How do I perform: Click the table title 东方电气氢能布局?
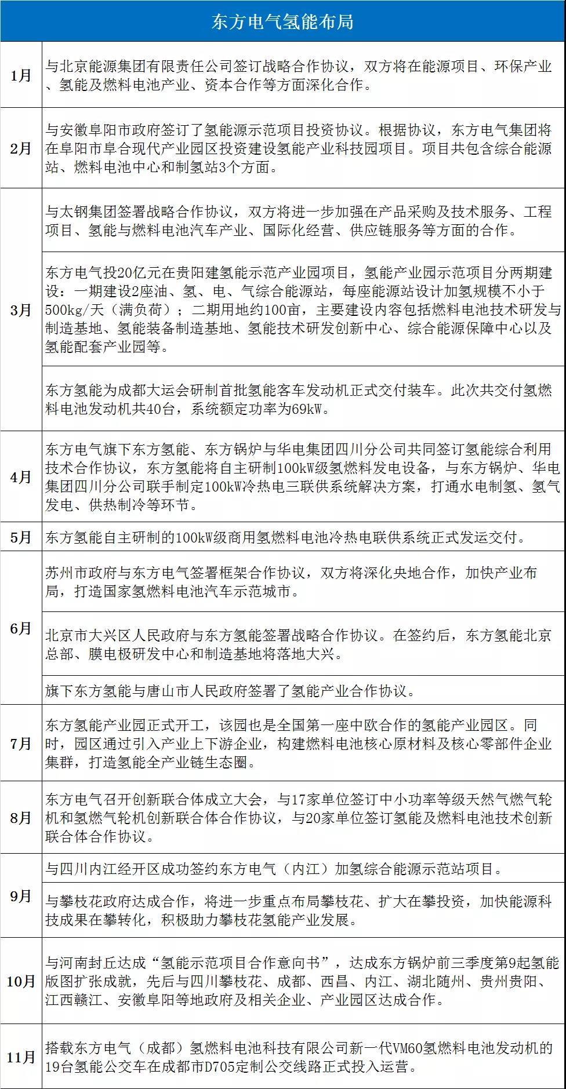(282, 21)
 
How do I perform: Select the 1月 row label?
(21, 75)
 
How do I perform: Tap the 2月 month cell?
(21, 148)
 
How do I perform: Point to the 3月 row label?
(21, 309)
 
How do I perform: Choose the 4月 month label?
(21, 477)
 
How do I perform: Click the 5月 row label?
(21, 537)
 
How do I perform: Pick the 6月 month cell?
(21, 629)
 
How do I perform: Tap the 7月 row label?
(21, 743)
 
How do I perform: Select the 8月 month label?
(21, 818)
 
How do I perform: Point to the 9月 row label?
(21, 896)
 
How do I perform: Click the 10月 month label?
(21, 981)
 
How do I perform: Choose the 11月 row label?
(21, 1057)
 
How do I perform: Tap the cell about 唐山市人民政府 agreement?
(230, 691)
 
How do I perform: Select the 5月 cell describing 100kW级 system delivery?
(286, 537)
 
